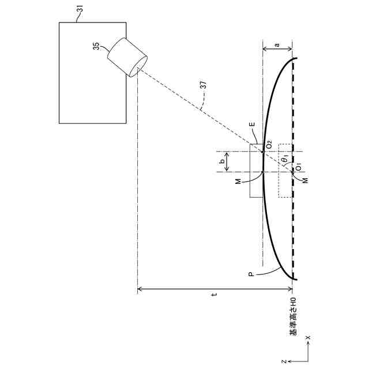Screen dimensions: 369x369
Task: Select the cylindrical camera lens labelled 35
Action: [126, 56]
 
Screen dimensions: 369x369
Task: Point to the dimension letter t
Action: [214, 295]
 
